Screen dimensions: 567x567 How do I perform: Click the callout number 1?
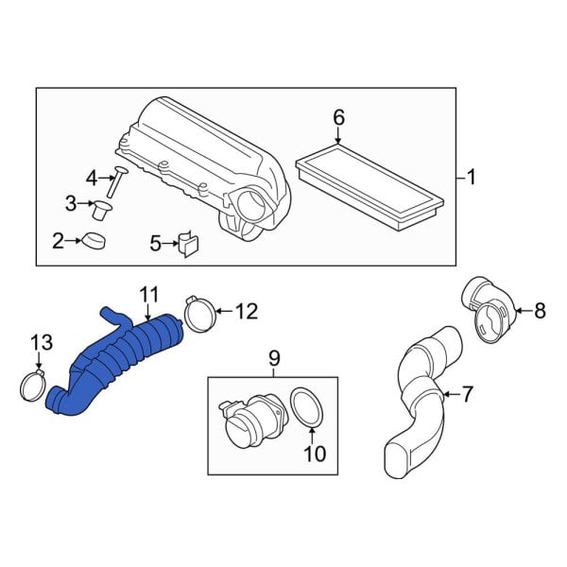tap(472, 176)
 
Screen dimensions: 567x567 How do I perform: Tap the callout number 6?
tap(339, 118)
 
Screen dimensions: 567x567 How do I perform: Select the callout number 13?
tap(38, 344)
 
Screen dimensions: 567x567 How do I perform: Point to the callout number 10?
tap(315, 454)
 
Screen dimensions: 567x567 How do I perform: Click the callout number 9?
tap(275, 357)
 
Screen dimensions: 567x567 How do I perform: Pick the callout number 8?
tap(541, 311)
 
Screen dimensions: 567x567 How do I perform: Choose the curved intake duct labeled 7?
tap(421, 397)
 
